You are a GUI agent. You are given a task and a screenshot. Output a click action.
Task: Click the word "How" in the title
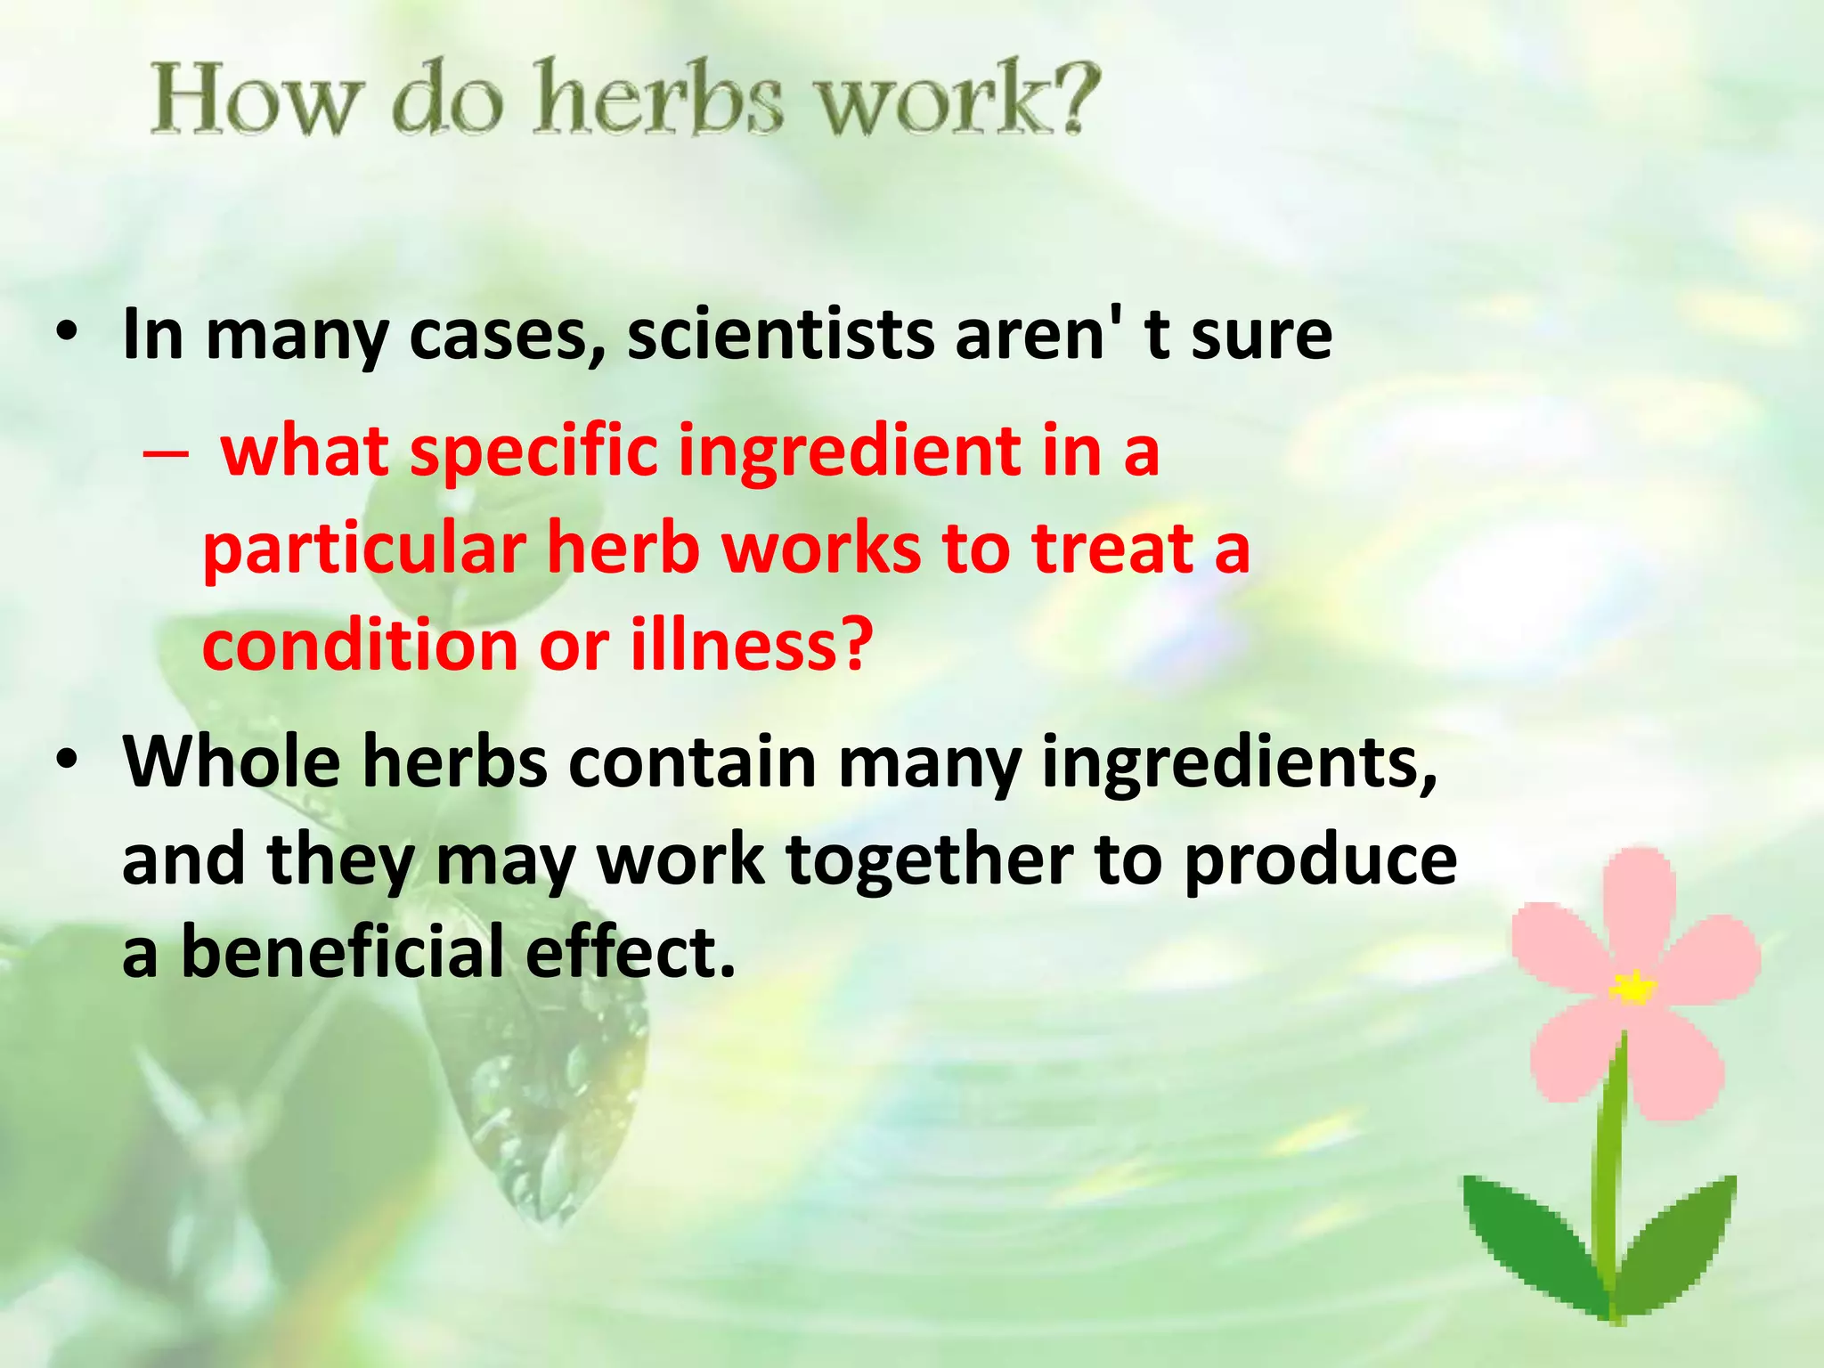[252, 100]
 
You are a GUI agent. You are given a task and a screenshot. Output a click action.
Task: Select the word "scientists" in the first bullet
[780, 335]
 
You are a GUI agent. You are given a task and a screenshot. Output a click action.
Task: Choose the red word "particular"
[364, 549]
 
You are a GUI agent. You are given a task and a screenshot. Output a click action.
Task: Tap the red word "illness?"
[751, 645]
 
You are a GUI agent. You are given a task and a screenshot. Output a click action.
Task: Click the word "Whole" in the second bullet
[232, 762]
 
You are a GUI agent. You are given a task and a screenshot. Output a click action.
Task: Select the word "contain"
[692, 762]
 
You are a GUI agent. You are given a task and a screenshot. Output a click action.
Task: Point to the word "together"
[929, 860]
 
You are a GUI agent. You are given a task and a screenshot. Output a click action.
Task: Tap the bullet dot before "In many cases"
[66, 335]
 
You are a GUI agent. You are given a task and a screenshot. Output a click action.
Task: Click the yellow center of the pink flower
[1632, 987]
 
